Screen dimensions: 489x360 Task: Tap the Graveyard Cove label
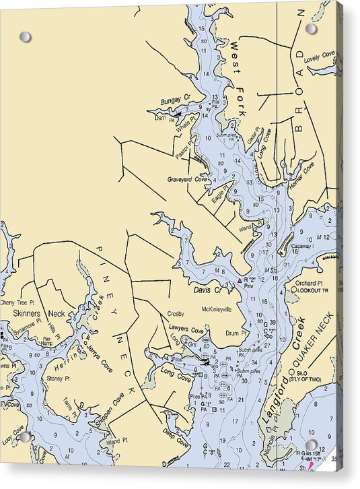coord(187,180)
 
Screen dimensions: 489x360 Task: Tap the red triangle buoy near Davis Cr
coord(239,279)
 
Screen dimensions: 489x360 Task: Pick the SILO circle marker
coord(291,372)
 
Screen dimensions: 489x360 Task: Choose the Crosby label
coord(176,314)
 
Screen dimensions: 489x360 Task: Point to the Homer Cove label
coord(301,174)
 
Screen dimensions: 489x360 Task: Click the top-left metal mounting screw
coord(25,36)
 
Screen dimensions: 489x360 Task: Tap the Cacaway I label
coord(303,247)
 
